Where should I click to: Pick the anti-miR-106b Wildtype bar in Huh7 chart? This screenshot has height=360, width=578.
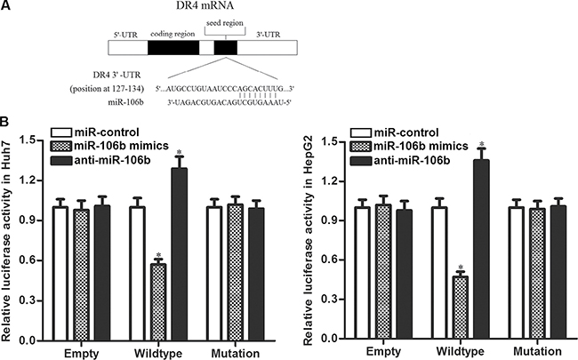click(179, 254)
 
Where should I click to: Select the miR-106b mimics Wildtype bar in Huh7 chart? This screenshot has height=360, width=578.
click(157, 302)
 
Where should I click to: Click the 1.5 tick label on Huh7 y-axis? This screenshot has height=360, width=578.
click(31, 140)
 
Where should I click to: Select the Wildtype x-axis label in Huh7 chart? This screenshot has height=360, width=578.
click(157, 351)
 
